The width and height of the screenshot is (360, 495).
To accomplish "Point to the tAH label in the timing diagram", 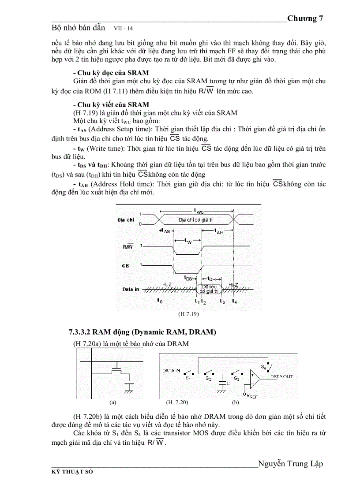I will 218,231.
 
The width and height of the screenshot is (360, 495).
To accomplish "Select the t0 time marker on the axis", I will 160,301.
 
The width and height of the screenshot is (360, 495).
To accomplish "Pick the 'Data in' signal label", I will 131,290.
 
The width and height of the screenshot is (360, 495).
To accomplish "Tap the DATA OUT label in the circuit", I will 281,377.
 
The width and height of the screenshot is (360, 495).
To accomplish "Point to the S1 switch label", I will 187,378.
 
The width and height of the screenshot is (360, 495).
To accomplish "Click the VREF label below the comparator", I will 252,395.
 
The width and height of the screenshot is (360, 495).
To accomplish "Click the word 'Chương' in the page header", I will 302,19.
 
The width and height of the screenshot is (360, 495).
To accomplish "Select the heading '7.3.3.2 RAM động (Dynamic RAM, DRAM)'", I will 140,332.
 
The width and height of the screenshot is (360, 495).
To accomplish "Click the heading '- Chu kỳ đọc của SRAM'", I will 111,72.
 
